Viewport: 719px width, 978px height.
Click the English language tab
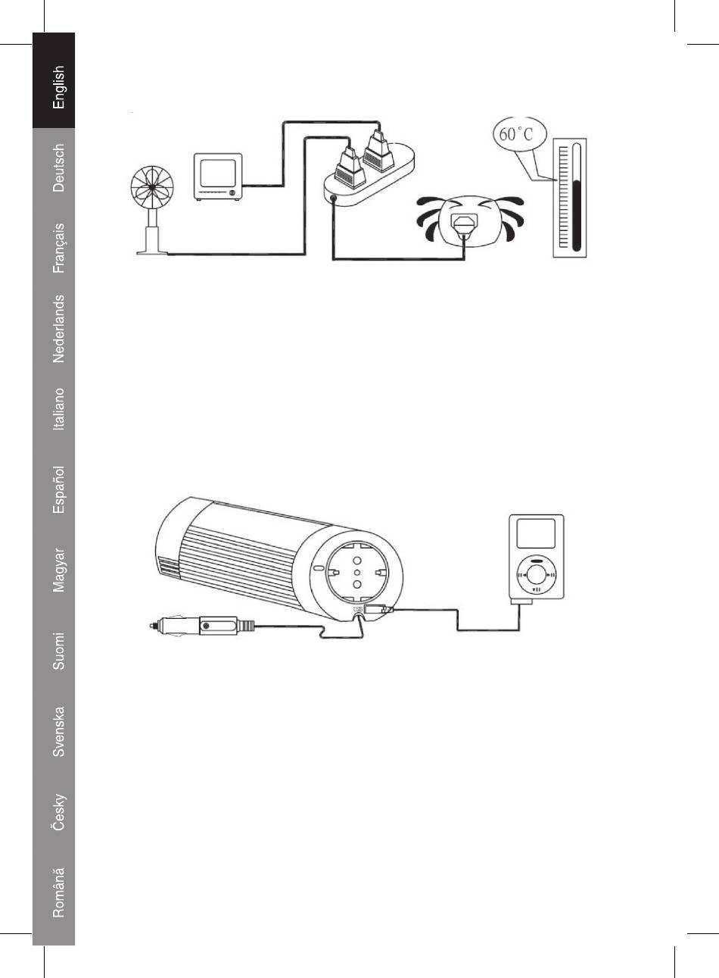click(58, 87)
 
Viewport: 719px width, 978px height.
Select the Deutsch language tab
click(58, 167)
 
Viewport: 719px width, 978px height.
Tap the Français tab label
click(58, 248)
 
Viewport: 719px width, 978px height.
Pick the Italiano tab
click(58, 409)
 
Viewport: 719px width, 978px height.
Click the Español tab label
click(58, 490)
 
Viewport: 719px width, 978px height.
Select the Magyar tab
click(58, 570)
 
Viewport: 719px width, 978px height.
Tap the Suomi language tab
click(58, 651)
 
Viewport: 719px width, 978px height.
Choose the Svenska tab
click(58, 732)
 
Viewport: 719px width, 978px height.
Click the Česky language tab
click(58, 813)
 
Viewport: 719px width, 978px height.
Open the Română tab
click(58, 892)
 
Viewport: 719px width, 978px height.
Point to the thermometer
click(570, 198)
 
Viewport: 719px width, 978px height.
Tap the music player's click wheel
click(536, 575)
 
